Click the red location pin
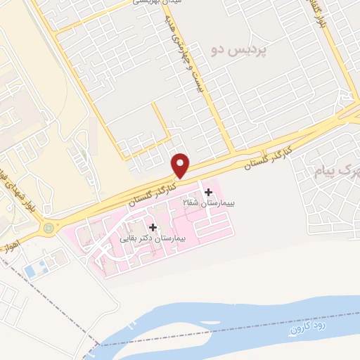181,165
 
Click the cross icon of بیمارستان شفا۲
207,193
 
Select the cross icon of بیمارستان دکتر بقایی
153,227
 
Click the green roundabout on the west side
48,227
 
